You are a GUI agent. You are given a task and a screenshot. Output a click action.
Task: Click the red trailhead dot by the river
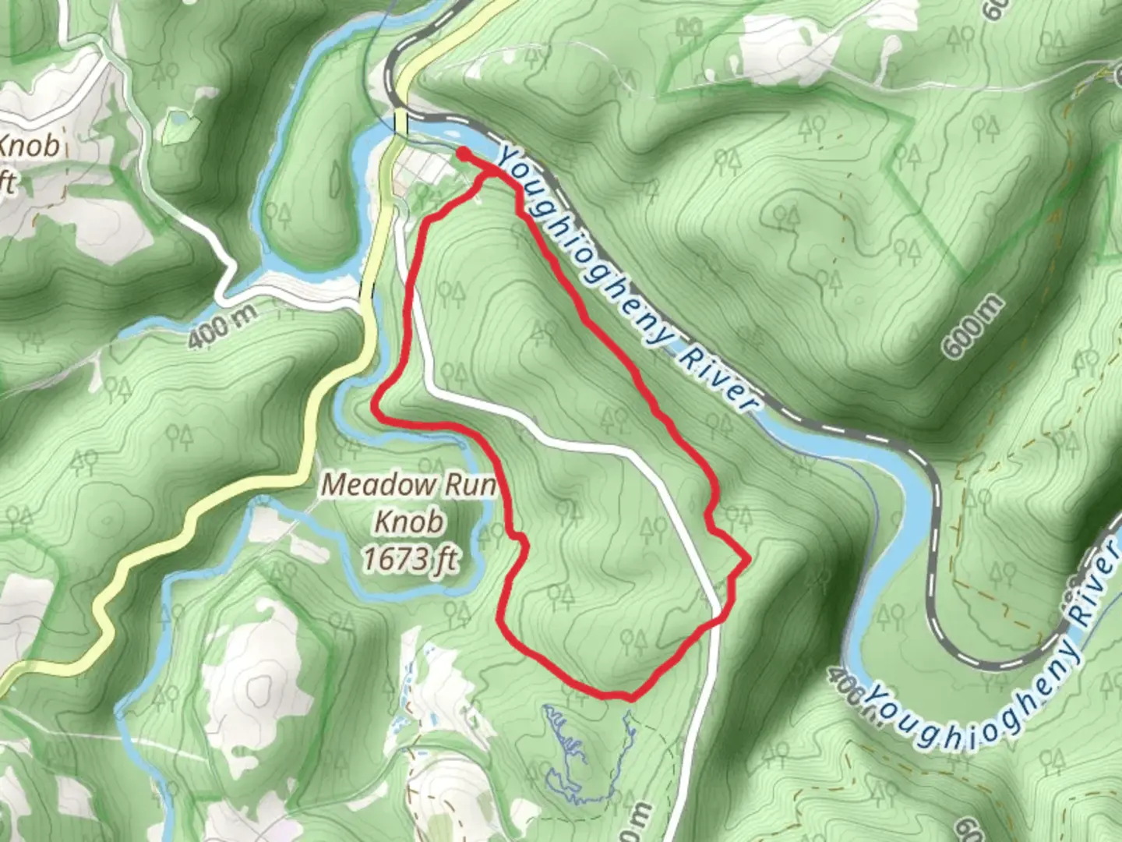point(462,154)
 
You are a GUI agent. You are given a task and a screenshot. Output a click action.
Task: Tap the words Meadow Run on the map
point(409,485)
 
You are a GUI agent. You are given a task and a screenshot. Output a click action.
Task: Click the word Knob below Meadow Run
point(411,521)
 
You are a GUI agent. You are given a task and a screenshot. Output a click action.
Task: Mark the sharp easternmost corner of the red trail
point(748,559)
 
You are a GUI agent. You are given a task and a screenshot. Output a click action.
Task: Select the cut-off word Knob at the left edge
point(30,146)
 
